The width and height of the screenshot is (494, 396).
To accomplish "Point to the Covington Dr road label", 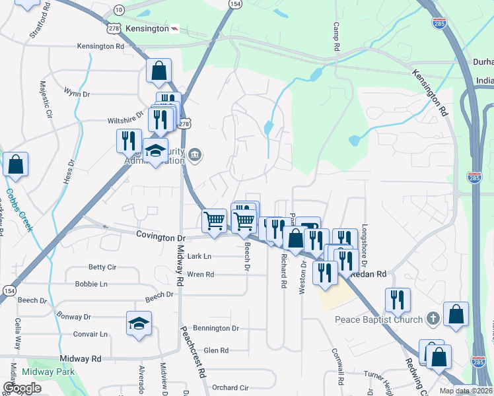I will pos(161,236).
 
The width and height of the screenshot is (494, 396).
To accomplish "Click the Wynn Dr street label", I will pos(77,94).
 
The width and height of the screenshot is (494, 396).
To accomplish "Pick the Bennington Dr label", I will pos(217,328).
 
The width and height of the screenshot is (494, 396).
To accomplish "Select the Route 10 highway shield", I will pos(118,10).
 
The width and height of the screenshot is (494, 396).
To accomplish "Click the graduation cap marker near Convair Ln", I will pos(139,323).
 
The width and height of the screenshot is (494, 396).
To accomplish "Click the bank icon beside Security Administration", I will pos(195,156).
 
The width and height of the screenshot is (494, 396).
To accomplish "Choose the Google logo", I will pos(22,388).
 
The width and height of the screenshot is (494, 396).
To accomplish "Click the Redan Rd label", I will pos(370,273).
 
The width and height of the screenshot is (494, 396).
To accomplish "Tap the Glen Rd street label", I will pos(216,350).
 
